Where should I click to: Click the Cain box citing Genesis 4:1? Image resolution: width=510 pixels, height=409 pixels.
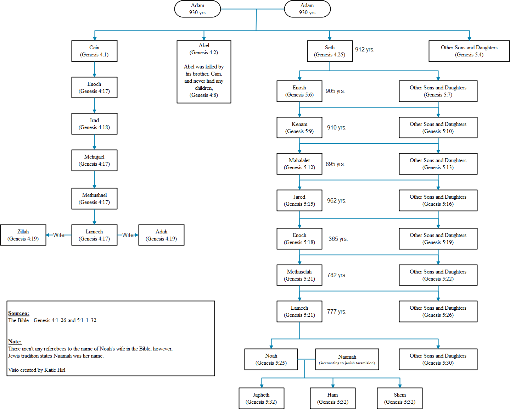pyautogui.click(x=94, y=51)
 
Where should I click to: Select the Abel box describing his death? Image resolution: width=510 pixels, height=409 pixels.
pyautogui.click(x=204, y=72)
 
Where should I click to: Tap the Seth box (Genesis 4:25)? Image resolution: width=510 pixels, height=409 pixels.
pyautogui.click(x=330, y=51)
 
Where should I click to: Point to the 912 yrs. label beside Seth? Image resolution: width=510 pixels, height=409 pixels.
pyautogui.click(x=365, y=49)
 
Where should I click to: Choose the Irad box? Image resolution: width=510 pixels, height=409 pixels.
pyautogui.click(x=94, y=124)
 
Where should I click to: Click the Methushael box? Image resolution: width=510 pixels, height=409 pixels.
pyautogui.click(x=94, y=199)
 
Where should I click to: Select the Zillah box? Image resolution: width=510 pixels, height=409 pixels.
pyautogui.click(x=23, y=235)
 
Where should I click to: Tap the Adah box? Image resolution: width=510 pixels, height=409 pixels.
pyautogui.click(x=161, y=235)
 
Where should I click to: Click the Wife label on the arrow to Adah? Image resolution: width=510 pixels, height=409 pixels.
pyautogui.click(x=128, y=235)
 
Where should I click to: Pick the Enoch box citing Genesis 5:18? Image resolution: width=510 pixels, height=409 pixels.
pyautogui.click(x=299, y=239)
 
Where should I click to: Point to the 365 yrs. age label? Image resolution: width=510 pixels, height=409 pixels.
pyautogui.click(x=338, y=239)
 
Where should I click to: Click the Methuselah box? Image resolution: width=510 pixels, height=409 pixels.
pyautogui.click(x=299, y=275)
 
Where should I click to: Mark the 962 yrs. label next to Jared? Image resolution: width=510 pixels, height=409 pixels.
pyautogui.click(x=337, y=200)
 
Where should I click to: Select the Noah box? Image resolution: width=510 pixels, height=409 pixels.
pyautogui.click(x=271, y=359)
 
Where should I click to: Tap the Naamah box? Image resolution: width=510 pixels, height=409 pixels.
pyautogui.click(x=347, y=359)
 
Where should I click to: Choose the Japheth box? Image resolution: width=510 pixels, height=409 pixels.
pyautogui.click(x=261, y=398)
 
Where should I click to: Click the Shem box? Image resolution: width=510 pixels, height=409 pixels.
pyautogui.click(x=400, y=398)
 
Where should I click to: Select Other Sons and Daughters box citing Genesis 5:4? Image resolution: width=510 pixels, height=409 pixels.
pyautogui.click(x=469, y=51)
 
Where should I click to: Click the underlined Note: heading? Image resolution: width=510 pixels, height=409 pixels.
pyautogui.click(x=15, y=342)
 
